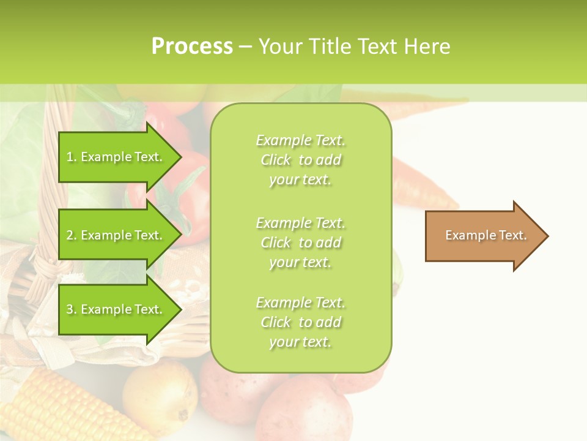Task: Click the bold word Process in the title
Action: pyautogui.click(x=192, y=47)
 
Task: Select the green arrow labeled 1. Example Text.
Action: pyautogui.click(x=116, y=157)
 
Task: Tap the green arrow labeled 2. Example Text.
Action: pyautogui.click(x=116, y=235)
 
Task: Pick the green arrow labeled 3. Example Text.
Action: pyautogui.click(x=116, y=309)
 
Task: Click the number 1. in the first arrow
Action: pyautogui.click(x=72, y=157)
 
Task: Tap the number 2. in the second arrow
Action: pyautogui.click(x=72, y=235)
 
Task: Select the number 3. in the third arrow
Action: pyautogui.click(x=72, y=309)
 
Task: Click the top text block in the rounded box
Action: pyautogui.click(x=300, y=160)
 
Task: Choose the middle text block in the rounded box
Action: pyautogui.click(x=300, y=243)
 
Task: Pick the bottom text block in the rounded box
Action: pyautogui.click(x=300, y=322)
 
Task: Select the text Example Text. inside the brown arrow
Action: pyautogui.click(x=485, y=235)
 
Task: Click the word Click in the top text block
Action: pyautogui.click(x=276, y=160)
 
